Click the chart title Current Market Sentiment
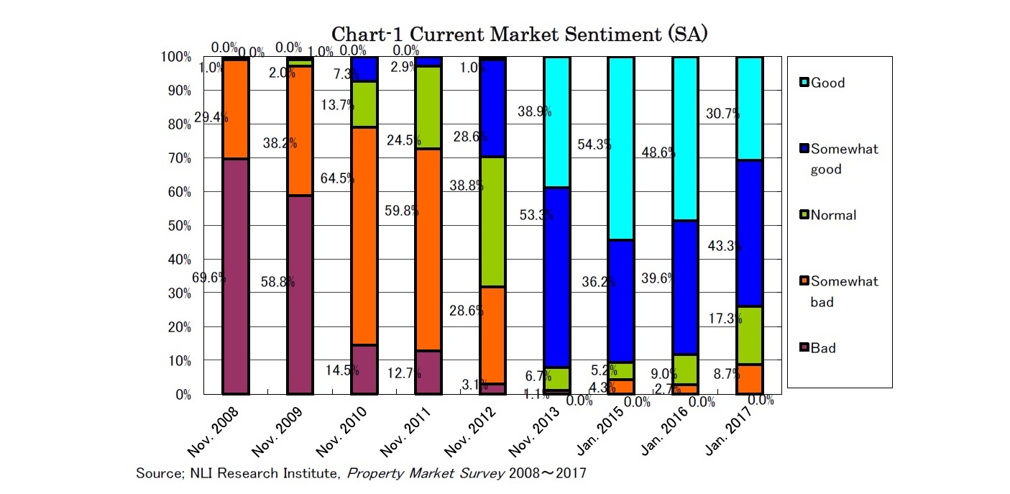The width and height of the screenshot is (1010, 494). click(519, 35)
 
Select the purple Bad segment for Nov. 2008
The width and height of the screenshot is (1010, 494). click(235, 277)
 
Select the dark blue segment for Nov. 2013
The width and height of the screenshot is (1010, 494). click(556, 278)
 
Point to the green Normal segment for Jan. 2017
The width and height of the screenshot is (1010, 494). click(749, 336)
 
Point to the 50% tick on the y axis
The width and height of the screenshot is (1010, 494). click(178, 226)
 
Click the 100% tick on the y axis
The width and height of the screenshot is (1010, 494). click(176, 57)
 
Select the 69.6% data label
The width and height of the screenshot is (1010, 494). click(209, 278)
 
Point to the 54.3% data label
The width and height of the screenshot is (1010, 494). click(594, 145)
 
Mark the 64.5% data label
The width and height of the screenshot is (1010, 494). click(337, 179)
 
